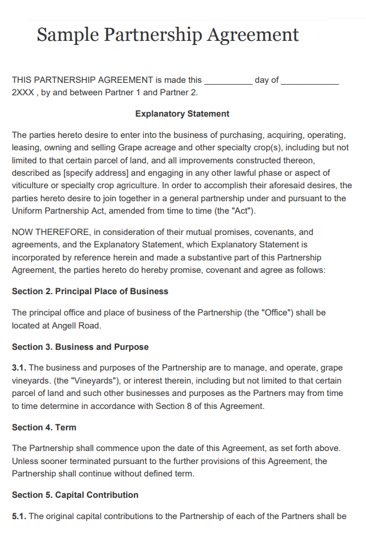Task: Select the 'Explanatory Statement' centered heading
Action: tap(182, 114)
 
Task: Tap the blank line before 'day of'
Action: tap(228, 81)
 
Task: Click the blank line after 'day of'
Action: tap(310, 81)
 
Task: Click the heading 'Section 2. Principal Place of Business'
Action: tap(90, 291)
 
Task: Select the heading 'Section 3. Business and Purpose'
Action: tap(80, 347)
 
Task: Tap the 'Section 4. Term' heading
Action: tap(44, 427)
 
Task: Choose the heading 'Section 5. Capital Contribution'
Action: tap(75, 495)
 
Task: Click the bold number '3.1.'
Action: tap(19, 368)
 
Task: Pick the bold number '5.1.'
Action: tap(19, 516)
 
